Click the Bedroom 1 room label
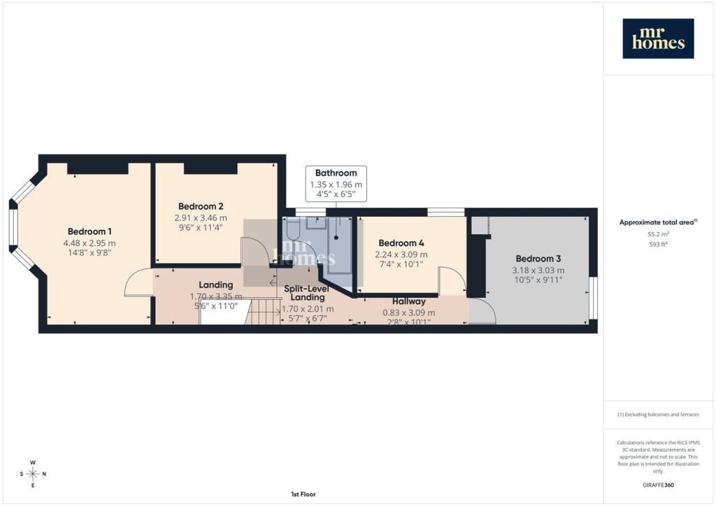pyautogui.click(x=89, y=231)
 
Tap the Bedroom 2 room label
pyautogui.click(x=201, y=206)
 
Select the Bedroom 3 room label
pyautogui.click(x=538, y=259)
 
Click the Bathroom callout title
pyautogui.click(x=336, y=173)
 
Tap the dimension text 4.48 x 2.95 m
pyautogui.click(x=89, y=243)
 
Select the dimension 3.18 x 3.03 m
pyautogui.click(x=538, y=270)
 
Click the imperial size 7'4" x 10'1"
pyautogui.click(x=401, y=264)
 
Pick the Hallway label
pyautogui.click(x=408, y=301)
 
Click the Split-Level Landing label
pyautogui.click(x=307, y=293)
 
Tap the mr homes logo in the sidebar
pyautogui.click(x=658, y=38)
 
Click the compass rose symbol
pyautogui.click(x=33, y=474)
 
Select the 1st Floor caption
pyautogui.click(x=303, y=494)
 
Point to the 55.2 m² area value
pyautogui.click(x=658, y=234)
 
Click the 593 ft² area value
pyautogui.click(x=658, y=244)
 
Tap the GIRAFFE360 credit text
pyautogui.click(x=658, y=485)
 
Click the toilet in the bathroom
pyautogui.click(x=293, y=229)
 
